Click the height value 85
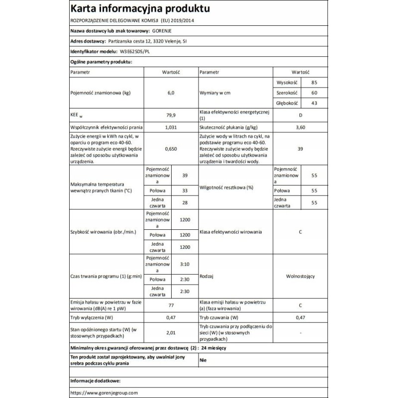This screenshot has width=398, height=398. [313, 83]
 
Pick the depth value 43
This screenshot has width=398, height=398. [313, 103]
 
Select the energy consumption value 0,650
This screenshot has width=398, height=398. [171, 149]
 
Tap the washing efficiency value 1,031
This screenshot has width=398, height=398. [171, 128]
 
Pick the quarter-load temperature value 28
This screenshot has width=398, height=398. [185, 202]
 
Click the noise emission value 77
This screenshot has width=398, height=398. [171, 304]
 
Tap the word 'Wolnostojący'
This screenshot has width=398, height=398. [300, 276]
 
